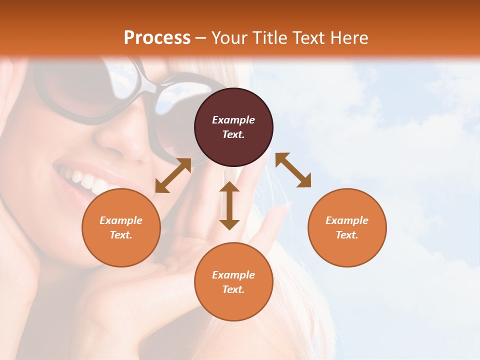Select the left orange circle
click(121, 227)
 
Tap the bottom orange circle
click(233, 282)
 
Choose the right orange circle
click(347, 227)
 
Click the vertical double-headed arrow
click(229, 205)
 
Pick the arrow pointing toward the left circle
click(173, 175)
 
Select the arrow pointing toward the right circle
click(293, 170)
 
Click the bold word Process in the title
click(157, 38)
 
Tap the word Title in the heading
click(270, 38)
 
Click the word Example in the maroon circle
click(233, 120)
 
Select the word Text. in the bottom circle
click(233, 289)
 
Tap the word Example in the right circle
click(347, 220)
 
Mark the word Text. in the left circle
click(121, 235)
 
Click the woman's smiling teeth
click(80, 177)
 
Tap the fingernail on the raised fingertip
click(286, 205)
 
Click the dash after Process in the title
click(201, 38)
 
